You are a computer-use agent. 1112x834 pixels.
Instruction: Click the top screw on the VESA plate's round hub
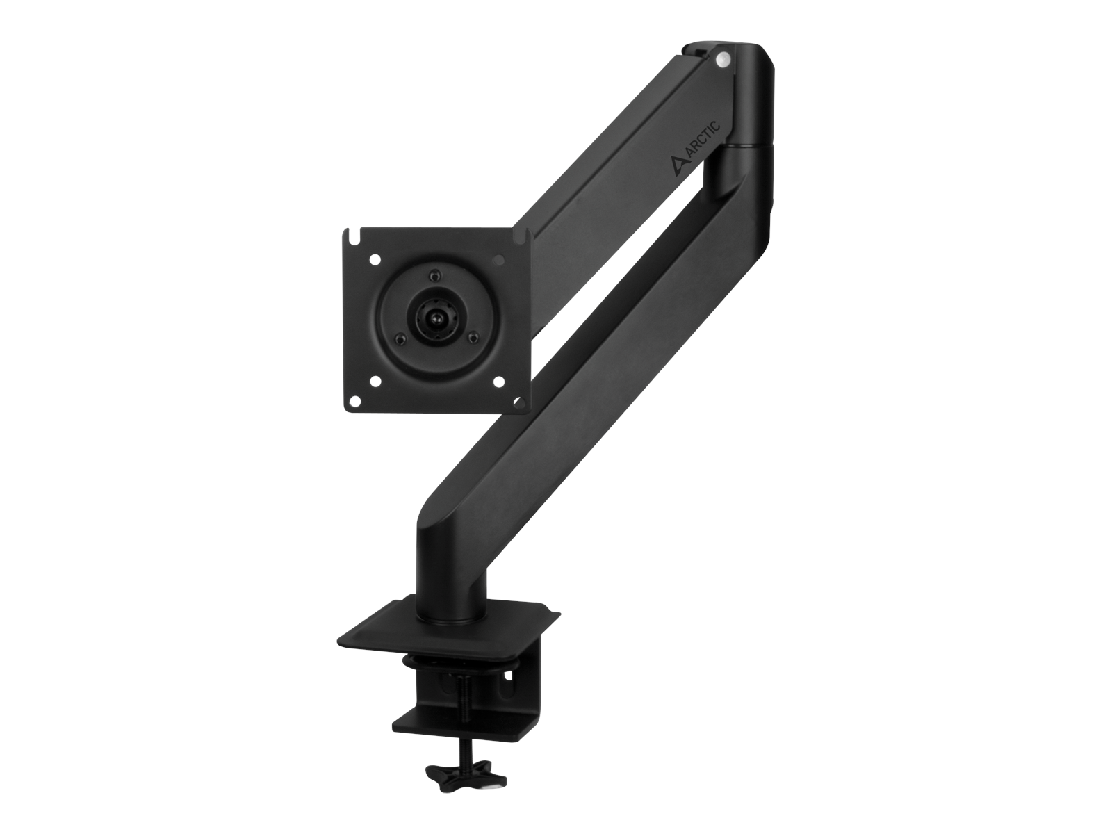(x=435, y=272)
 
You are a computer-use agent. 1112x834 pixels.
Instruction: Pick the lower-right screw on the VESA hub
(x=473, y=338)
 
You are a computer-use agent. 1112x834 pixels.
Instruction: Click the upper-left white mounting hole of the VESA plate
(x=375, y=260)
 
